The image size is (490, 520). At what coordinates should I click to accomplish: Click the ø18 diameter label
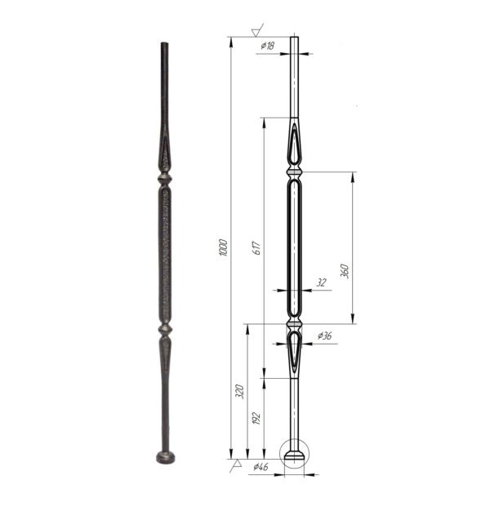(267, 46)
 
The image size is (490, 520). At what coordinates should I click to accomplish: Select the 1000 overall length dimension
(223, 247)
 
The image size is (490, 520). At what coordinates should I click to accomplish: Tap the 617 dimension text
(256, 248)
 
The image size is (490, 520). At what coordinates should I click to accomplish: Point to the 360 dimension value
(345, 271)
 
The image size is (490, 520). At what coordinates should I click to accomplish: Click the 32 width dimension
(321, 282)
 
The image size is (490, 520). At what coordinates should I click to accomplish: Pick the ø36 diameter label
(324, 336)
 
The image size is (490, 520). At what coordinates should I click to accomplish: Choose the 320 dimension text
(239, 391)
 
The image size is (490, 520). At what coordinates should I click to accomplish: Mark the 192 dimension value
(256, 418)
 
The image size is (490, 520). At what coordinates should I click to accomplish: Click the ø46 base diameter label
(261, 467)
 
